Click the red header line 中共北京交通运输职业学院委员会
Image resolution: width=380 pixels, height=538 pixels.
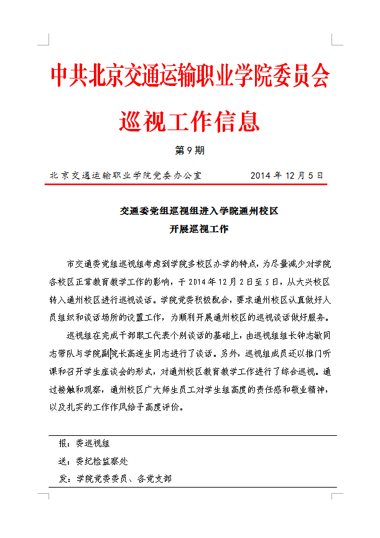click(x=190, y=76)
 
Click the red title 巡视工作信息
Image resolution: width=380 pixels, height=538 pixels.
click(x=190, y=120)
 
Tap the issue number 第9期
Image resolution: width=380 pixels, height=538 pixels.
click(x=190, y=151)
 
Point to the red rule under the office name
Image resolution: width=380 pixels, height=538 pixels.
click(x=190, y=184)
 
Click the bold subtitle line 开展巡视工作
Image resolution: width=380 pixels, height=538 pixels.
click(x=199, y=229)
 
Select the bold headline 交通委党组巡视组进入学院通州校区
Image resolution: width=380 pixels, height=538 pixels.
click(x=199, y=211)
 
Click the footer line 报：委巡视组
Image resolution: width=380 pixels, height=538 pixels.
click(x=84, y=444)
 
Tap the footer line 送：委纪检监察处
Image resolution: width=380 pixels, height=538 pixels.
click(x=93, y=461)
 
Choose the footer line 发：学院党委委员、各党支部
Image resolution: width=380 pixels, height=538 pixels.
click(x=115, y=479)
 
